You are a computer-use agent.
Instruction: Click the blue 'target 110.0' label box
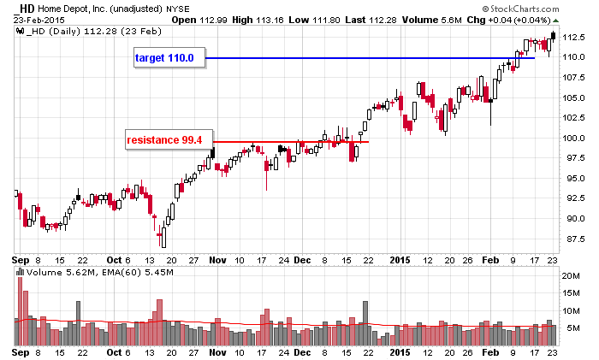click(x=168, y=57)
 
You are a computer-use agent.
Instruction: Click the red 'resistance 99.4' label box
click(x=168, y=139)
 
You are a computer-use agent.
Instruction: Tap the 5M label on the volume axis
click(x=572, y=328)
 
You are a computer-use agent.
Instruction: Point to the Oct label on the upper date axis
click(x=118, y=259)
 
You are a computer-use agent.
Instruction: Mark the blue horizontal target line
click(x=368, y=58)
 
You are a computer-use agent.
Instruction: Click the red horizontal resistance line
click(x=291, y=141)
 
